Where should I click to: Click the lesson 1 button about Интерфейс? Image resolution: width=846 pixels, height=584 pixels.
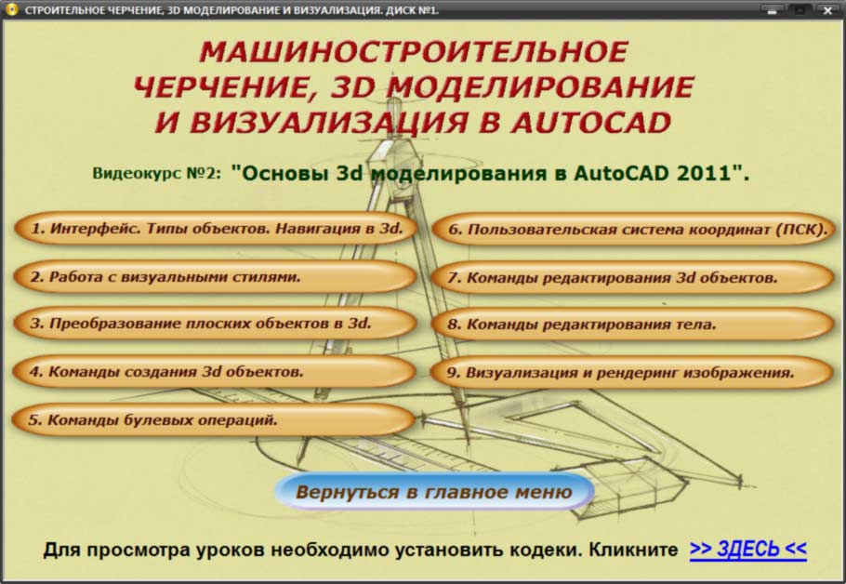(x=216, y=229)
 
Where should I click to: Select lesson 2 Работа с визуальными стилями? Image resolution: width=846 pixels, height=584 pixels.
(x=215, y=276)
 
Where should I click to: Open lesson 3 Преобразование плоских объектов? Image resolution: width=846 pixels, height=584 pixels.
(x=215, y=324)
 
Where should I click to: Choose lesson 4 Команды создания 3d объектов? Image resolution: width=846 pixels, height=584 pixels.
(x=214, y=371)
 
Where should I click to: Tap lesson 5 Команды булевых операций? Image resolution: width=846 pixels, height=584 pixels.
(x=214, y=419)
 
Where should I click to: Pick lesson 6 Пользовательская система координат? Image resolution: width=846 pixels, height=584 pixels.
(x=634, y=230)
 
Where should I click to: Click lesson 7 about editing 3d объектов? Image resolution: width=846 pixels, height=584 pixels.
(x=633, y=277)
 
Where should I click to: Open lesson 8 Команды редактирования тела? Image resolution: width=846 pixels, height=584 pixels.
(x=633, y=325)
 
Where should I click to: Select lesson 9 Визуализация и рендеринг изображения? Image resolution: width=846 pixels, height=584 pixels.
(x=632, y=372)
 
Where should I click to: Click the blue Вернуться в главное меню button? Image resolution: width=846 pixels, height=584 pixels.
(x=434, y=492)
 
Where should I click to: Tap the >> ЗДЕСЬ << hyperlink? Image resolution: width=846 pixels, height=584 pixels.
(x=748, y=549)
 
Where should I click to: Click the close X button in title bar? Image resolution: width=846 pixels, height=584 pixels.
(x=827, y=9)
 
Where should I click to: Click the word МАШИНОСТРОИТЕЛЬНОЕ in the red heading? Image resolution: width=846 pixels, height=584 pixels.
(x=414, y=52)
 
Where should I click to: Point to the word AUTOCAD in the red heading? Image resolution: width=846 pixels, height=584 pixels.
(x=591, y=123)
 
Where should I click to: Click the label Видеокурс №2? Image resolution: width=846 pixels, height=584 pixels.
(x=156, y=173)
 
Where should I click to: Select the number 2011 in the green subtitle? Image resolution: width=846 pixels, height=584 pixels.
(x=704, y=173)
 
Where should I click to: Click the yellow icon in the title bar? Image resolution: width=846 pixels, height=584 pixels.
(x=11, y=9)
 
